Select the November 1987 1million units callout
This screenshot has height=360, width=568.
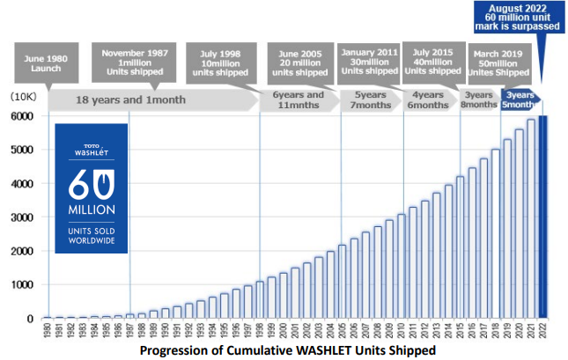point(129,59)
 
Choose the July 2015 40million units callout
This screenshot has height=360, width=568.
point(432,59)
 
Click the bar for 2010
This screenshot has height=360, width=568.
point(402,265)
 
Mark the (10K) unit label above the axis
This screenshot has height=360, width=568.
point(24,94)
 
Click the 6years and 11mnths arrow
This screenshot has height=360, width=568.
point(299,99)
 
